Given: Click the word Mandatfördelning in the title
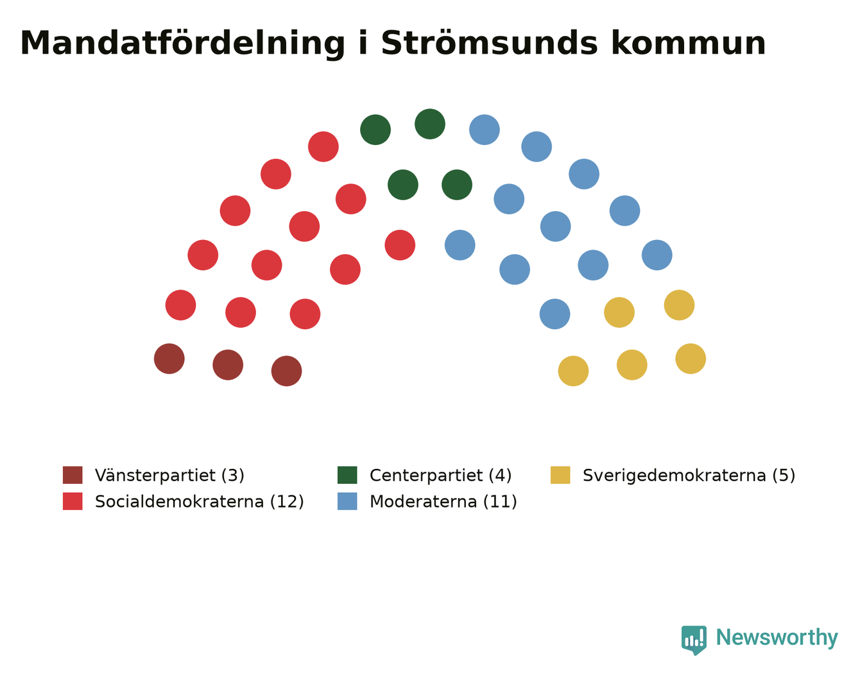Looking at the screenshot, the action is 182,44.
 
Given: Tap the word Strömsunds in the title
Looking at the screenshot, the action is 489,43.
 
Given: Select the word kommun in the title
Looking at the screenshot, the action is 688,43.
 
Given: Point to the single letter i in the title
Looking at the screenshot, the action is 363,43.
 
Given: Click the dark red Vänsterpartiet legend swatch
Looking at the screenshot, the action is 73,475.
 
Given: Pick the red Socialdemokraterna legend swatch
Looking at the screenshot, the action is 73,501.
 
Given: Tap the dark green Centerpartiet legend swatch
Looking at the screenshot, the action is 347,475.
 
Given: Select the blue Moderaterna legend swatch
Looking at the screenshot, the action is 347,501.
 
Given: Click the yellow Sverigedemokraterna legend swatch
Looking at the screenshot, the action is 560,475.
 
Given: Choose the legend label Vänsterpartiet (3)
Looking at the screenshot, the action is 170,475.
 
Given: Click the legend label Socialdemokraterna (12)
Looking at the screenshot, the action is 200,502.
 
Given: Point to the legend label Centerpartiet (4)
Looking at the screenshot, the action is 440,475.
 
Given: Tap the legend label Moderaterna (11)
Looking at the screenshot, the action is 443,502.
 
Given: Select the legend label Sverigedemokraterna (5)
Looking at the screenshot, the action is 689,475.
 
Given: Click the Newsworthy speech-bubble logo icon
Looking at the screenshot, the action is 694,640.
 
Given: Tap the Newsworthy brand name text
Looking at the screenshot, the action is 777,637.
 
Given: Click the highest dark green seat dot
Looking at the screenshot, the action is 430,124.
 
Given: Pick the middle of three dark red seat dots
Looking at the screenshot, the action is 228,365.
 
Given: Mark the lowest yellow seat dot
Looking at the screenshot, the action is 573,371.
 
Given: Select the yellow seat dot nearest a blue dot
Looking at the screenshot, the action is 619,312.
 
